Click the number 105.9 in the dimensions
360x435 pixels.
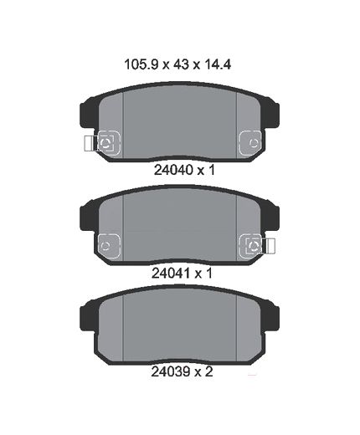point(141,64)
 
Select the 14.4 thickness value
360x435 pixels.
point(218,64)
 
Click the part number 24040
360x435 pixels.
point(174,170)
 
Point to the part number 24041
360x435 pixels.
point(172,274)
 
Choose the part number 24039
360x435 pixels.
point(171,371)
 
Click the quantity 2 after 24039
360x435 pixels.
point(208,371)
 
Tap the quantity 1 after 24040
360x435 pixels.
point(212,170)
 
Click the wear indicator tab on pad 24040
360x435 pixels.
point(90,143)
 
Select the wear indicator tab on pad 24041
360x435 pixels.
point(269,246)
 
